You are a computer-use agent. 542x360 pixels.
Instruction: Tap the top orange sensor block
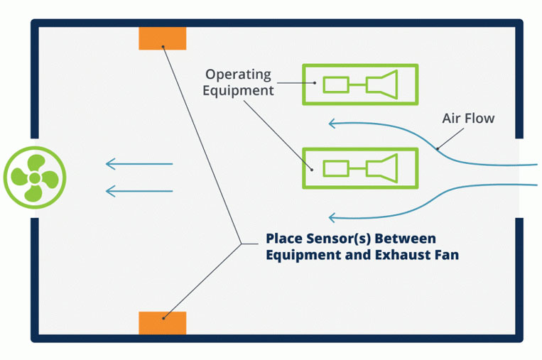tap(163, 38)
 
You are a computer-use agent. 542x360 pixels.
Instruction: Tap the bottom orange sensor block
tap(163, 322)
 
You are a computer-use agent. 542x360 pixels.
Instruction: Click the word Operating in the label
tap(238, 74)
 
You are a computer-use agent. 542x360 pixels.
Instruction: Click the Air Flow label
tap(468, 118)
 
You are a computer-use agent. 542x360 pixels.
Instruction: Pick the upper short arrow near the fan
tap(139, 165)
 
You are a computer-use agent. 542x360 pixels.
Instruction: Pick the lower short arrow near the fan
tap(139, 191)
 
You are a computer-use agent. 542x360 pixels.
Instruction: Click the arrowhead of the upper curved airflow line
tap(331, 124)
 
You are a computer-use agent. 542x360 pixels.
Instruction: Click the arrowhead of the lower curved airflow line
tap(331, 218)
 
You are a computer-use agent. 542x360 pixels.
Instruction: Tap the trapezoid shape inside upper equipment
tap(386, 84)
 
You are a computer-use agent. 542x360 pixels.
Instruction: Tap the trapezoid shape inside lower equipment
tap(386, 168)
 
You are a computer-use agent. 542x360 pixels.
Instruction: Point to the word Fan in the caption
tap(445, 254)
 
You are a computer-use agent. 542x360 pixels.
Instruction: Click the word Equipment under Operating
tap(238, 91)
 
